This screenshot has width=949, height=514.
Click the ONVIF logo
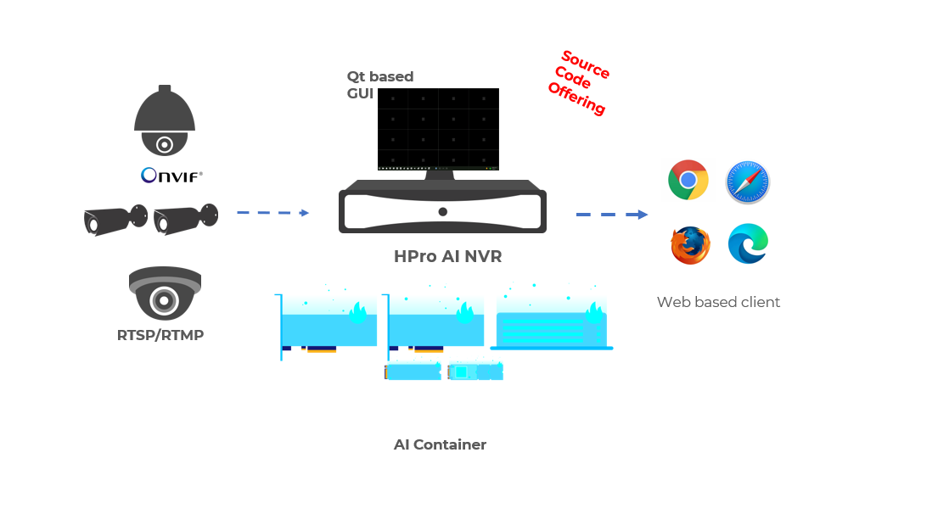click(x=171, y=176)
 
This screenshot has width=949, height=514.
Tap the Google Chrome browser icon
click(x=688, y=180)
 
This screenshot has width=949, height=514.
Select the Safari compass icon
click(x=748, y=182)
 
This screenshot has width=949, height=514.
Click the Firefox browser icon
click(x=690, y=245)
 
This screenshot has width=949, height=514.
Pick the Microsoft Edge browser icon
click(x=748, y=244)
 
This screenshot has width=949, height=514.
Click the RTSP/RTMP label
click(x=160, y=335)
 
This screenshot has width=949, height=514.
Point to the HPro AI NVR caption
click(x=442, y=256)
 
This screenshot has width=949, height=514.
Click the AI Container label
click(x=440, y=444)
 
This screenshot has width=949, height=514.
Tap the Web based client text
click(x=718, y=302)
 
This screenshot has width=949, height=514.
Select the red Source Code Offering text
click(x=581, y=82)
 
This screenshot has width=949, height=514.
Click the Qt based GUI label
click(x=379, y=84)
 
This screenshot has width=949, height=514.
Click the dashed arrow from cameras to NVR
click(x=272, y=212)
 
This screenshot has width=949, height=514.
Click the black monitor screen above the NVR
click(x=438, y=129)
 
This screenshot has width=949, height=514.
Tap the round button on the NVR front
click(x=442, y=211)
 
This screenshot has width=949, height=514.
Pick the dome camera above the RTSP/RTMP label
click(x=165, y=293)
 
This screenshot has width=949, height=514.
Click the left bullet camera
click(x=115, y=220)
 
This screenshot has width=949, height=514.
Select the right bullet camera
click(x=185, y=219)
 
